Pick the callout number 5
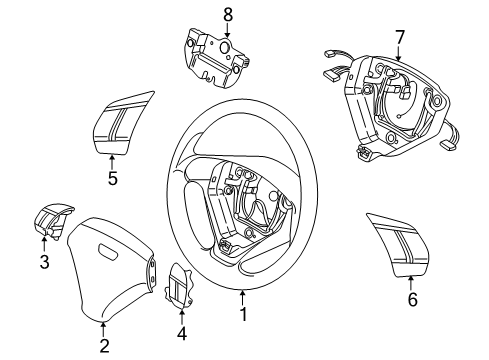pos(113,181)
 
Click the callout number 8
pos(226,15)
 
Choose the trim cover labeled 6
pos(392,242)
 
